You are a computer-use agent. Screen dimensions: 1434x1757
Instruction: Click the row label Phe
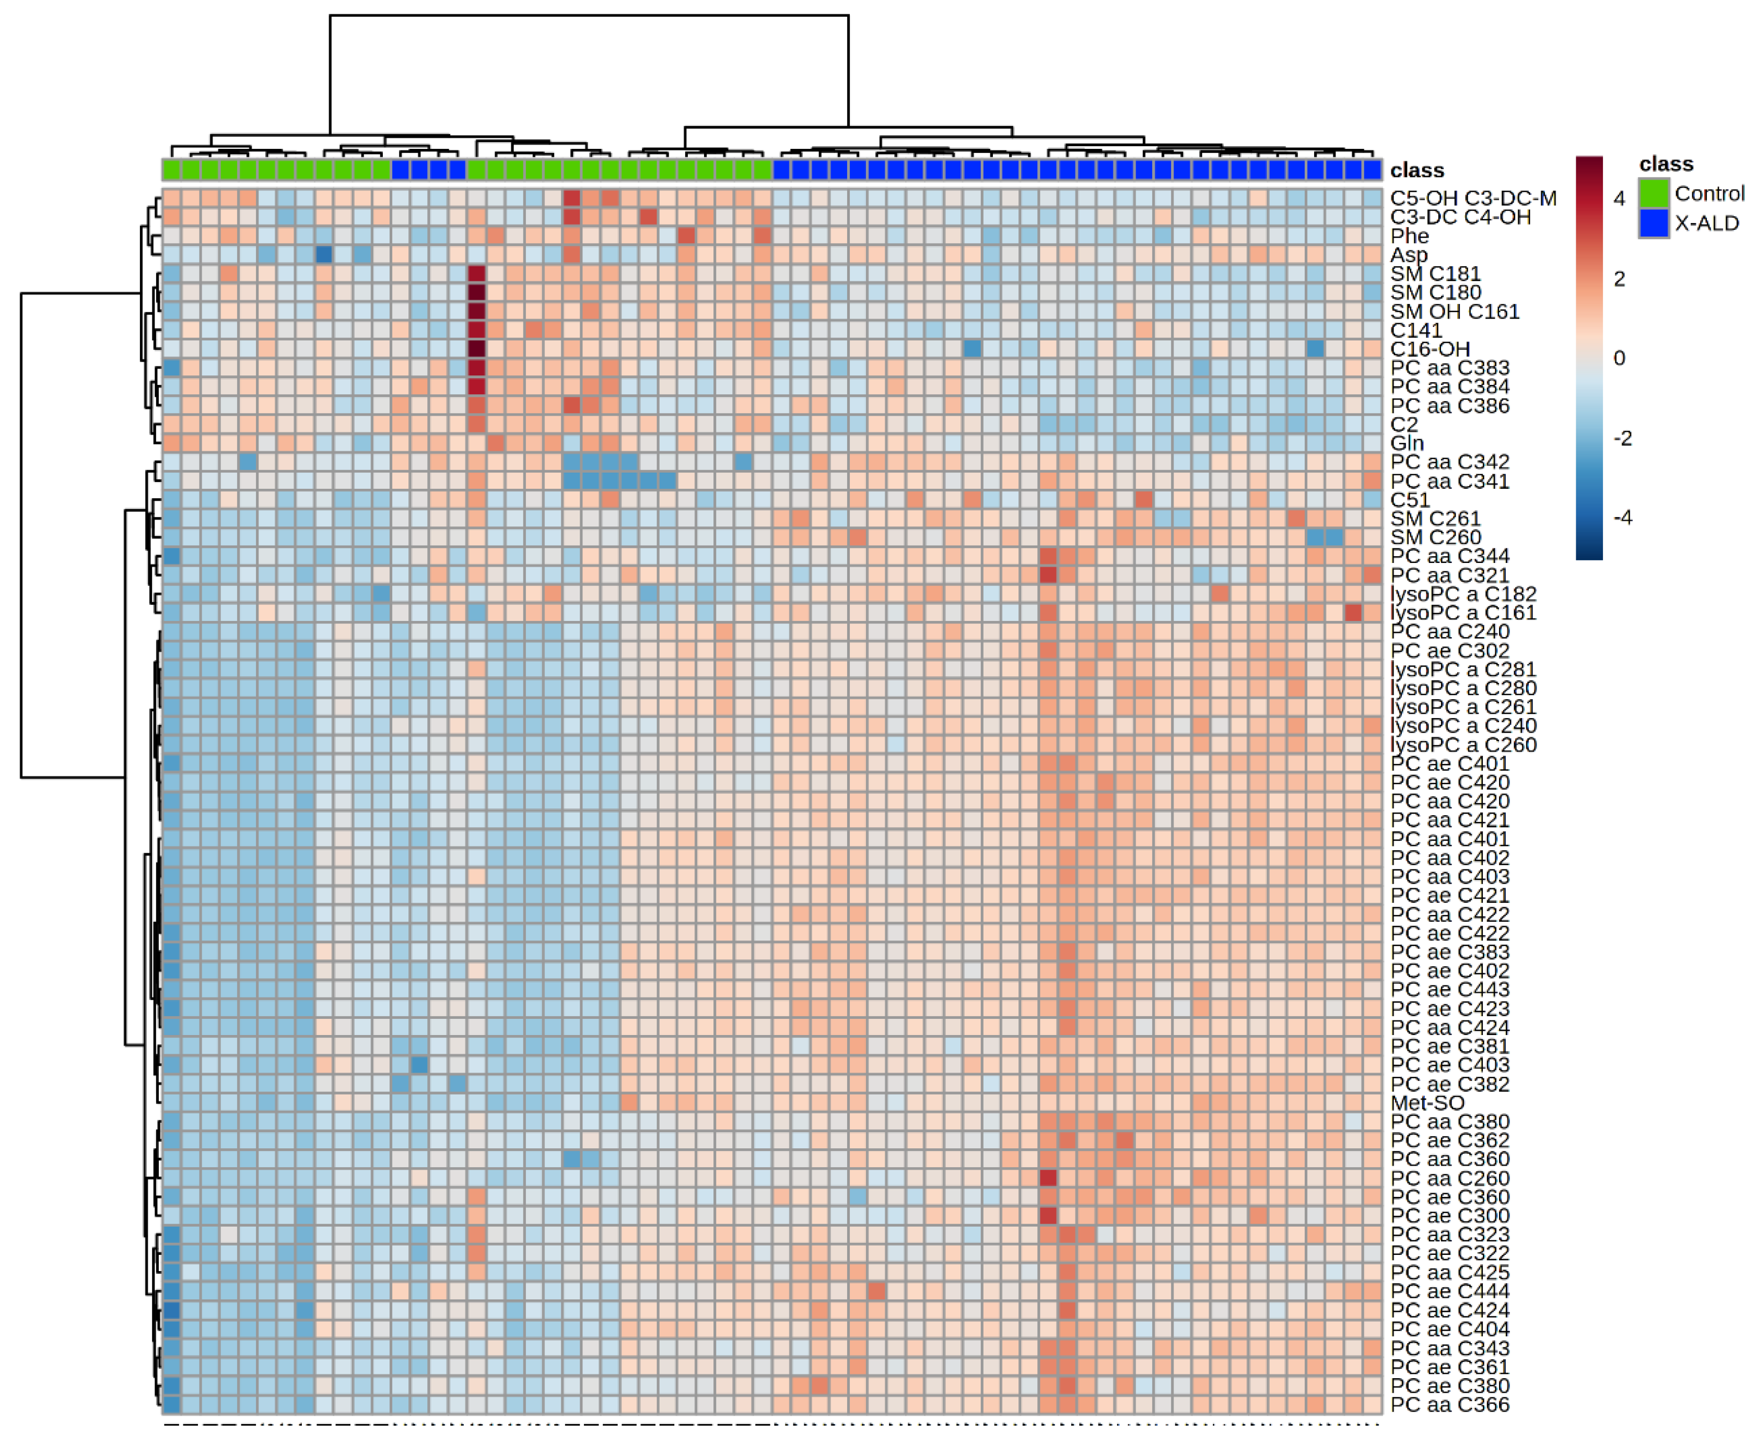(x=1409, y=236)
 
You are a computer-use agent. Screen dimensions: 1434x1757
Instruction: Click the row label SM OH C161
(x=1455, y=311)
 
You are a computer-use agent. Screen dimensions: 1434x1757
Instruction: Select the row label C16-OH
(x=1430, y=349)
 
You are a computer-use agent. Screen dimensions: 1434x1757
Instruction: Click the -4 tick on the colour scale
(x=1622, y=518)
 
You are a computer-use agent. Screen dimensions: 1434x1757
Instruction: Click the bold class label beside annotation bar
(x=1416, y=171)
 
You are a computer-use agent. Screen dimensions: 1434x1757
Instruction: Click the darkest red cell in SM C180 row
(x=477, y=292)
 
